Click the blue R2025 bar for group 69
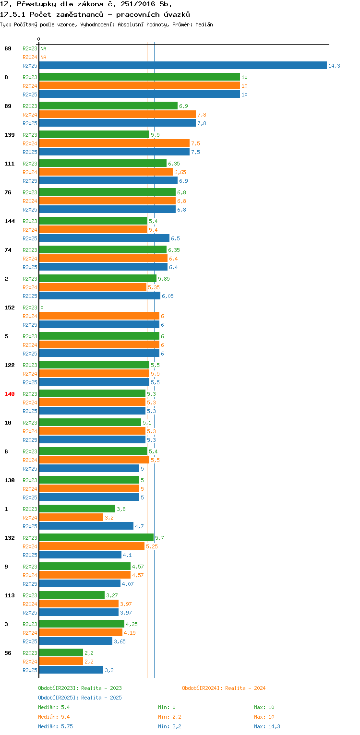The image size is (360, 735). click(182, 66)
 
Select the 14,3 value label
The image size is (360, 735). click(334, 66)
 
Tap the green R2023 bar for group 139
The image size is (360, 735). click(94, 135)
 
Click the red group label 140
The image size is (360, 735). click(10, 394)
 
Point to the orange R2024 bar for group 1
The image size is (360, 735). click(71, 518)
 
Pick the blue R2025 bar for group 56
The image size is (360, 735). click(71, 670)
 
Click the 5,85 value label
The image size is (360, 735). click(164, 279)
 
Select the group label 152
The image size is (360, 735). click(10, 308)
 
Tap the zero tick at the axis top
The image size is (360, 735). click(39, 39)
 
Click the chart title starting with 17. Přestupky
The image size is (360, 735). click(86, 4)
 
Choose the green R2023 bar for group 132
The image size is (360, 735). click(96, 538)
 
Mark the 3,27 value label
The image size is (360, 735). click(112, 595)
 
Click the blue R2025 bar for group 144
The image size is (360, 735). click(104, 238)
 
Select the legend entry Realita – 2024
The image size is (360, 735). click(224, 688)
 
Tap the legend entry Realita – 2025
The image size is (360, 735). click(80, 698)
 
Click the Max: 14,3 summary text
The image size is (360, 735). click(267, 726)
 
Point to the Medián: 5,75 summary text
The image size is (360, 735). click(55, 726)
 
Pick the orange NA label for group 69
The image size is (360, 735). click(43, 57)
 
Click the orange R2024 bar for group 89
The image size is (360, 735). click(117, 115)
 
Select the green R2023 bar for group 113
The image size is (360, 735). click(72, 595)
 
